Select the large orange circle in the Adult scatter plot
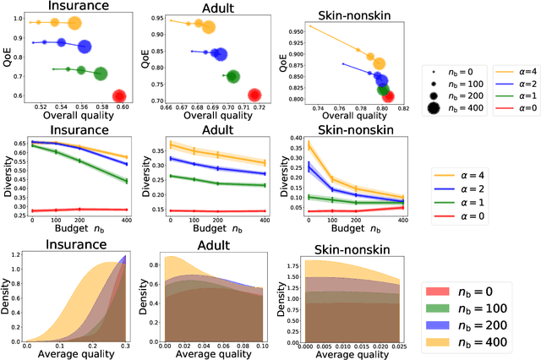(207, 27)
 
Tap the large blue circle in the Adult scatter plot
(219, 54)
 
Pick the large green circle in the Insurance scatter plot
(101, 74)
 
